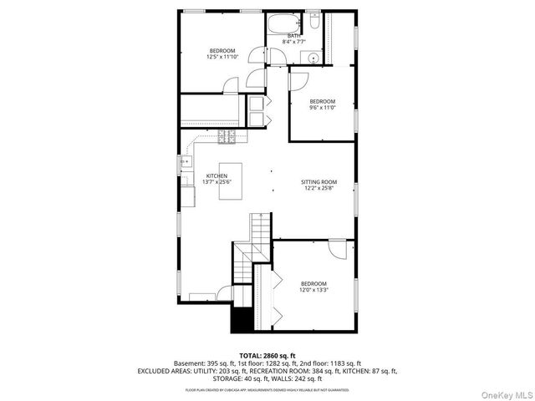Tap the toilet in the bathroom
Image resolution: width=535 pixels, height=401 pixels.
point(312,18)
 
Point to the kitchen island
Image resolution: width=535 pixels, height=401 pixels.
point(231,181)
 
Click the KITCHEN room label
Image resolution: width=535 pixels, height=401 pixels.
point(217,176)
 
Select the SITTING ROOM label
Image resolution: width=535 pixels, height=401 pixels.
point(318,181)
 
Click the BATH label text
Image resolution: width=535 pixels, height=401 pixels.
point(294,36)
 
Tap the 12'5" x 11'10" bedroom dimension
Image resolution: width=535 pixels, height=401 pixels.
point(222,57)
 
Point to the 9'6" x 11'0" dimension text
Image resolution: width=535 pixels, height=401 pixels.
point(322,108)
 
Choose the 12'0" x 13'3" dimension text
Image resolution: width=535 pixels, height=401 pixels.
point(313,290)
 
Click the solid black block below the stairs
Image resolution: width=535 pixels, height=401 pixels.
point(242,319)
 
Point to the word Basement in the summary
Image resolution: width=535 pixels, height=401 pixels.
point(188,363)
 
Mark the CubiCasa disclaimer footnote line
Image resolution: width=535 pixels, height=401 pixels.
point(267,389)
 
